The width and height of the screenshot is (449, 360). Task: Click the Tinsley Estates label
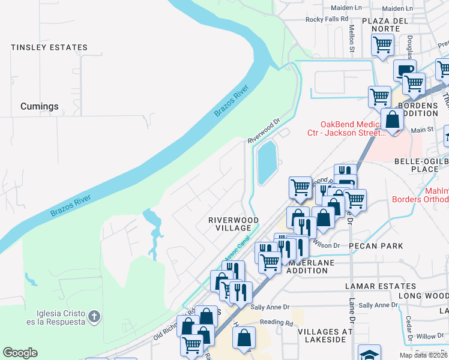point(49,47)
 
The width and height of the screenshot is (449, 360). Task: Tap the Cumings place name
point(40,106)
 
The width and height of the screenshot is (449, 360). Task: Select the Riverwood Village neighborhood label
point(233,224)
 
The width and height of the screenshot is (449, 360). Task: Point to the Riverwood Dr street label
point(265,130)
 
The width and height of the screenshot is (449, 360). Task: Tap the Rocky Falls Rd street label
point(327,19)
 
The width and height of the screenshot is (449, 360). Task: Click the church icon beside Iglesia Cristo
point(93,316)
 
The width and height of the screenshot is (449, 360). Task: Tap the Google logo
point(20,353)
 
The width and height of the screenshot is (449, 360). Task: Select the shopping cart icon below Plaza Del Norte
point(382,44)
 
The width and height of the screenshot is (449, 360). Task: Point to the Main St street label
point(422,130)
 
